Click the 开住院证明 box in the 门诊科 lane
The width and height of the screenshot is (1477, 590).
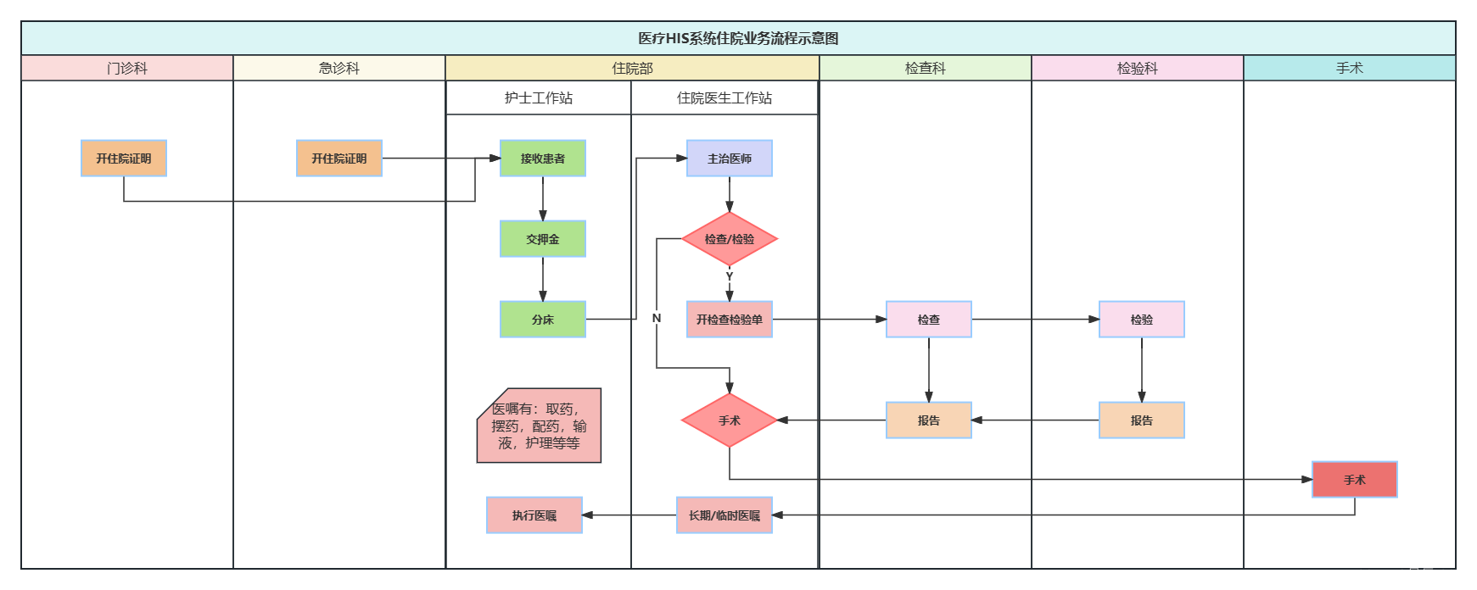(x=124, y=159)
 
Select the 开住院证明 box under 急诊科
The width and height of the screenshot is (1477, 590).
(x=339, y=159)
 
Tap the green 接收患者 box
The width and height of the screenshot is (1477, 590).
(x=543, y=159)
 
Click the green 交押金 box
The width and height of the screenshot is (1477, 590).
(x=543, y=239)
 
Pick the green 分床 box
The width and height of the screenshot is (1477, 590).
(x=543, y=320)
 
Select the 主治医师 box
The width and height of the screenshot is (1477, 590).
(x=730, y=159)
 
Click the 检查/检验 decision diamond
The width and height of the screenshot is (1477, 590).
(x=730, y=239)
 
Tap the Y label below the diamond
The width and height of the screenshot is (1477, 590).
(x=730, y=276)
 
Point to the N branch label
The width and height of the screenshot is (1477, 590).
(x=657, y=318)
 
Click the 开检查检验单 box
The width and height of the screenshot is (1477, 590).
(x=730, y=320)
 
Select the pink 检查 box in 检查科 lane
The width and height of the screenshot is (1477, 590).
(x=929, y=320)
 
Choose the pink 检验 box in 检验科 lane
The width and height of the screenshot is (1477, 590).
(x=1142, y=320)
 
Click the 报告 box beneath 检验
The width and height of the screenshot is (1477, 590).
(x=1142, y=420)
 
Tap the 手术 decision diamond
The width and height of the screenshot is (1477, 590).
(x=730, y=420)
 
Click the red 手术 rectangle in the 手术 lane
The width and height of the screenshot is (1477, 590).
(x=1355, y=480)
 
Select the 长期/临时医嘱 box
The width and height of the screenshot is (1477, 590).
(x=725, y=515)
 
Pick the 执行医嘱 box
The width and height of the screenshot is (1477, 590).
(x=534, y=515)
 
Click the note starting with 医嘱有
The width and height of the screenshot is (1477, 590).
(x=540, y=426)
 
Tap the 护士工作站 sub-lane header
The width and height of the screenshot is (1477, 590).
(x=539, y=97)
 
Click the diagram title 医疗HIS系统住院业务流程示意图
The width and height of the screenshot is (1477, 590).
(x=738, y=38)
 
